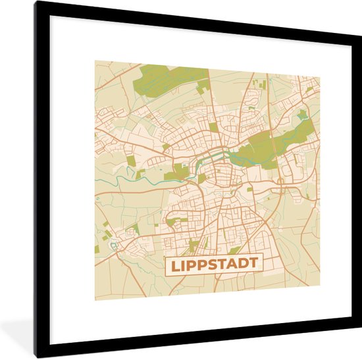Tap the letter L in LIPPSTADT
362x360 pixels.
click(174, 264)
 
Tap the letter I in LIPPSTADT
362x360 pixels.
click(182, 264)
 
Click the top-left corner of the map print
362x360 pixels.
click(95, 61)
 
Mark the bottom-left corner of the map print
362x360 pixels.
click(95, 299)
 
